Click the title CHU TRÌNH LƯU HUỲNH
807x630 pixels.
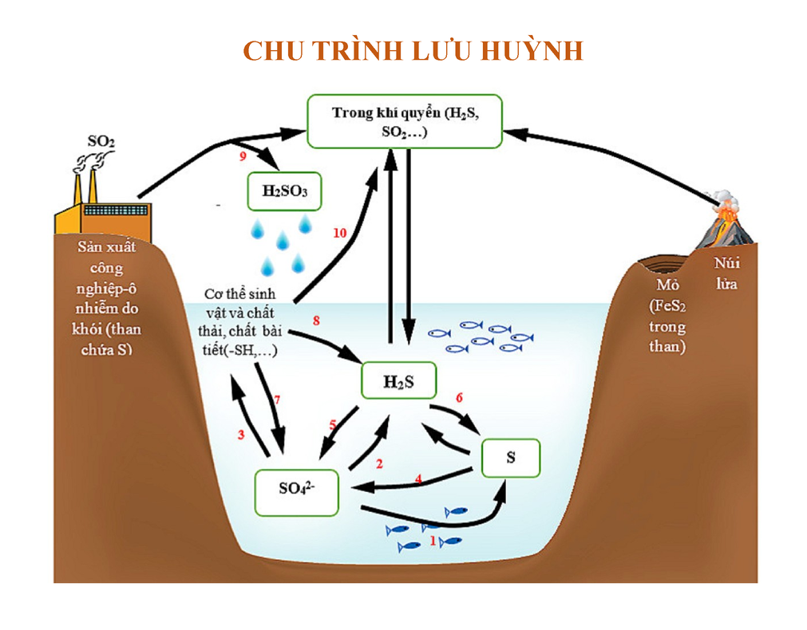[x=413, y=51]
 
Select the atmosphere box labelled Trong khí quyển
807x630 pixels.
[x=405, y=121]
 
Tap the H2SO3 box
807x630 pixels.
[x=284, y=191]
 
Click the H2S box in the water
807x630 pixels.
[x=398, y=380]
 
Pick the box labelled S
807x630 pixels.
[x=511, y=458]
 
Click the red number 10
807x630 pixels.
[x=340, y=233]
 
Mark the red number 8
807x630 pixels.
[x=316, y=321]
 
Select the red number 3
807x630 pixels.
[x=240, y=435]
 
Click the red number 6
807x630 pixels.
[x=459, y=396]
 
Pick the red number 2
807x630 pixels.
[x=379, y=463]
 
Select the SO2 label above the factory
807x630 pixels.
[x=101, y=142]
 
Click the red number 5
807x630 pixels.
[x=333, y=423]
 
